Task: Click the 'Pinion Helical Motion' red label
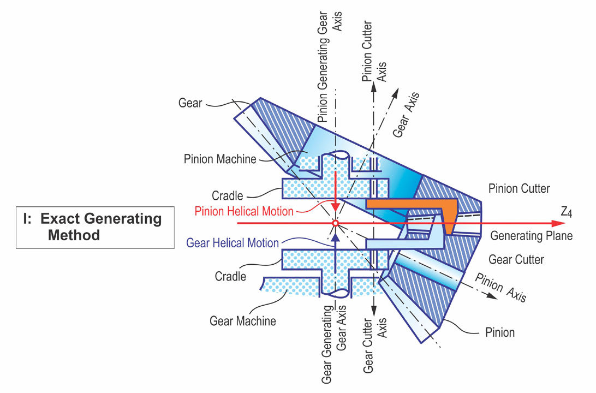(244, 211)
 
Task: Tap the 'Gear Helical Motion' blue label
(233, 243)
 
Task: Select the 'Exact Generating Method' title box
(95, 227)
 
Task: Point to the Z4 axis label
(567, 212)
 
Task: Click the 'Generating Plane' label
(532, 236)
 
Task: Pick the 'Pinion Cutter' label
(519, 188)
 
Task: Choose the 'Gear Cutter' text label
(516, 260)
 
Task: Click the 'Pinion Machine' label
(220, 159)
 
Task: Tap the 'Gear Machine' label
(243, 321)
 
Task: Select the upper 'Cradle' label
(227, 196)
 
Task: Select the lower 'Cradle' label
(230, 276)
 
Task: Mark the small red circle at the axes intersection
(335, 223)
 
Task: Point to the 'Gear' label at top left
(190, 103)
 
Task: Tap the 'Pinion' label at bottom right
(500, 332)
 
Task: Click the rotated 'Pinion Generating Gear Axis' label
(329, 67)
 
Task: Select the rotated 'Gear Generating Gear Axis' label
(333, 344)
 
